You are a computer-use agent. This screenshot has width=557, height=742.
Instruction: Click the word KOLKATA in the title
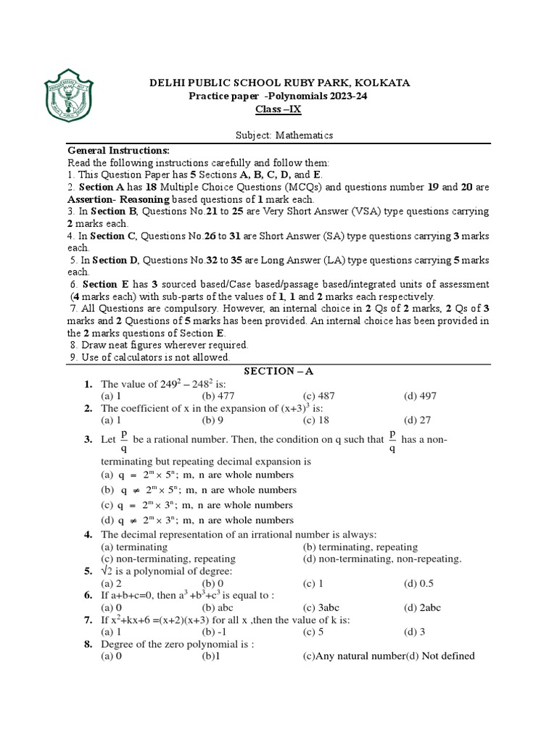point(381,83)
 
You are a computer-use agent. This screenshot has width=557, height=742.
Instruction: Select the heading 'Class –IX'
point(277,109)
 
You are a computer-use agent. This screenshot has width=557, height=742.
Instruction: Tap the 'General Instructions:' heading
point(118,150)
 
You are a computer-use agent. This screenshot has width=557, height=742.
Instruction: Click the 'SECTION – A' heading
point(278,371)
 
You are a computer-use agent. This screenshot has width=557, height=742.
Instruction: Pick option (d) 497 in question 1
point(420,396)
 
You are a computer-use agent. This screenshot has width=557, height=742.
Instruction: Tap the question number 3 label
point(88,439)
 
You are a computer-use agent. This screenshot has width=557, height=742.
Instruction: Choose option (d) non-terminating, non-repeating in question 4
point(382,559)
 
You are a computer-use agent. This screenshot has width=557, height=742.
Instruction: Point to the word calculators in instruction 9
point(136,357)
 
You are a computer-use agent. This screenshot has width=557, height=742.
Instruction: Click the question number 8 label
point(88,644)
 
